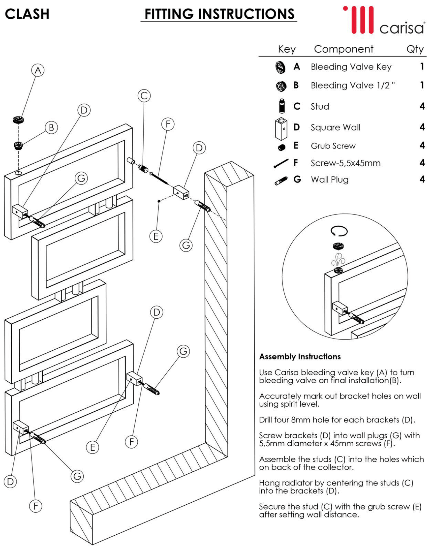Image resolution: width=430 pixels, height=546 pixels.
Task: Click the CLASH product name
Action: pos(27,14)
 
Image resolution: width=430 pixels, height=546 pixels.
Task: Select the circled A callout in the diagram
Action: pos(38,70)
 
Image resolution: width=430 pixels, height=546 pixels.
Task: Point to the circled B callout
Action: pos(51,128)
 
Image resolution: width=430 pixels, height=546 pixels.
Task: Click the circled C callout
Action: pos(144,96)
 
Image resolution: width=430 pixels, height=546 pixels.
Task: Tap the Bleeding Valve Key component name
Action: pos(351,67)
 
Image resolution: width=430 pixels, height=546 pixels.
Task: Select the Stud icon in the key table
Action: pos(282,106)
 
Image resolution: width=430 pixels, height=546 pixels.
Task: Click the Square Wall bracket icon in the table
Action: pos(281,128)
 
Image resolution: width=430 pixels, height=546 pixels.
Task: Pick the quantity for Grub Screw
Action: pos(422,145)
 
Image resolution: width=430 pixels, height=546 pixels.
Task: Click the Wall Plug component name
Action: pos(330,180)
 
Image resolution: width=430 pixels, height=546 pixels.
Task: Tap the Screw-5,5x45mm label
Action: pos(345,163)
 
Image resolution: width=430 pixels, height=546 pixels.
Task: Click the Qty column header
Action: pos(415,49)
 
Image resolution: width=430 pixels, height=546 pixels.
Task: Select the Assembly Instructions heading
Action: pos(300,357)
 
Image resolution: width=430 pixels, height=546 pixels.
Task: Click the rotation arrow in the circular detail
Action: pos(339,231)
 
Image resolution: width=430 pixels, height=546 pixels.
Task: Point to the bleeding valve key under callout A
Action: pos(18,120)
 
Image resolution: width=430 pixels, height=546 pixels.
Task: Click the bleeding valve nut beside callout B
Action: pos(18,145)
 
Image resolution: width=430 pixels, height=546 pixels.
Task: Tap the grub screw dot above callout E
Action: pos(159,201)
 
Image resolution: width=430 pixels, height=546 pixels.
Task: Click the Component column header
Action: pos(343,49)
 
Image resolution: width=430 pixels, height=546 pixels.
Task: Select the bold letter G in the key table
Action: pos(297,179)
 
